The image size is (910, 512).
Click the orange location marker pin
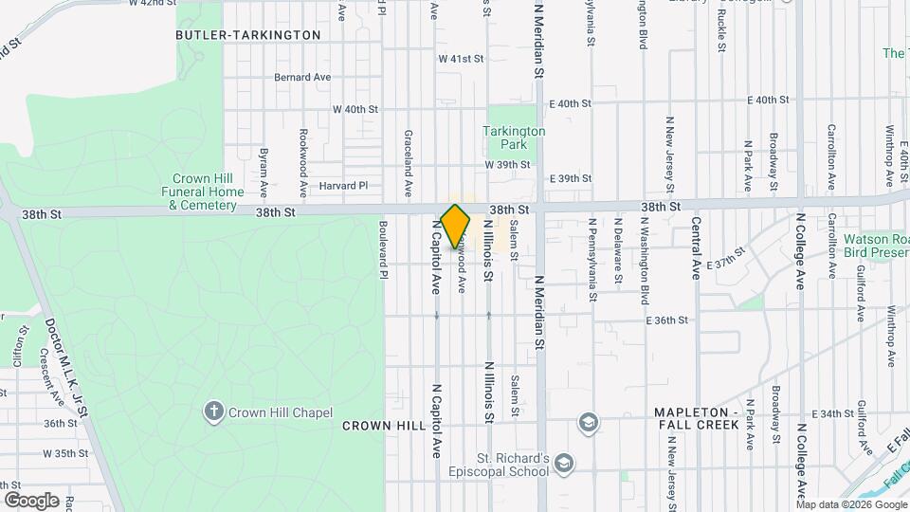click(x=456, y=226)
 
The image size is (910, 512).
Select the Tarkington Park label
click(x=514, y=138)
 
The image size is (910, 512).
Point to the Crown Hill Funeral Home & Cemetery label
click(x=207, y=192)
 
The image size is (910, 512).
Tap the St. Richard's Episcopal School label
click(x=500, y=465)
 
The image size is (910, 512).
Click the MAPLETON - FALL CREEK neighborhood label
click(x=697, y=419)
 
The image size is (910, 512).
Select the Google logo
click(x=31, y=500)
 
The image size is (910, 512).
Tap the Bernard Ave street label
click(x=302, y=77)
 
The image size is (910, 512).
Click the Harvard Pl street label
click(x=342, y=186)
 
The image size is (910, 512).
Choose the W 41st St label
click(x=461, y=59)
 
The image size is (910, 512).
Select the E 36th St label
click(x=666, y=320)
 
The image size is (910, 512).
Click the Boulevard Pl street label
click(x=383, y=250)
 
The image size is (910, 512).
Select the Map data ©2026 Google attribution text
click(x=850, y=503)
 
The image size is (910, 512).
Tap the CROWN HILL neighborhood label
click(x=384, y=426)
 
